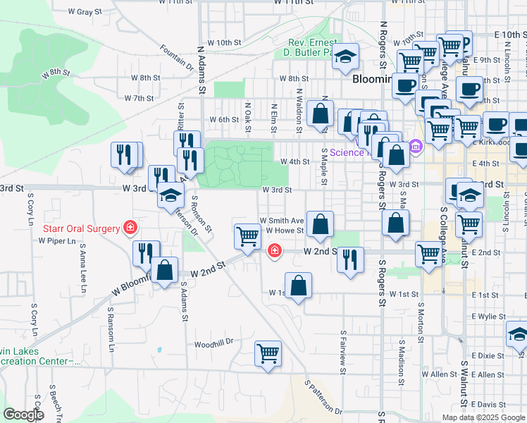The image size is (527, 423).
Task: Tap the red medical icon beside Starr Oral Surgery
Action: coord(130,227)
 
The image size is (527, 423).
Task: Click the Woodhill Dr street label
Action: coord(214,343)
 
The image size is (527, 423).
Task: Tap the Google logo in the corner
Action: coord(23,415)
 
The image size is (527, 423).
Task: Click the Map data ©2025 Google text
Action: coord(483,417)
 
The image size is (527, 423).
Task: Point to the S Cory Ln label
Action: coord(32,320)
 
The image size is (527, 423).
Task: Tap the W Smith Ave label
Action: coord(282,220)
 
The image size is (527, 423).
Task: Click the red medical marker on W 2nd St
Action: coord(274,250)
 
